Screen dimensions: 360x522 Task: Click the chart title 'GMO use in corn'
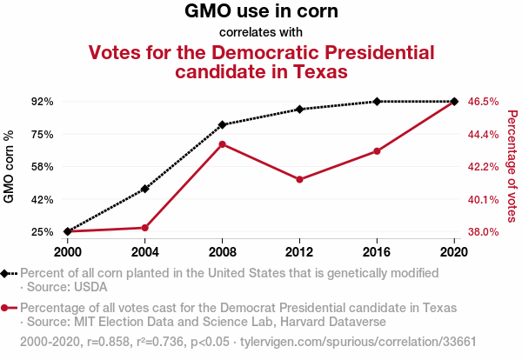[261, 12]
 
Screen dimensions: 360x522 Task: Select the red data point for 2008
[223, 143]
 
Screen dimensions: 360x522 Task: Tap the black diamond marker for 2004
[145, 189]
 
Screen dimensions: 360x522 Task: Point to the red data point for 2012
[299, 179]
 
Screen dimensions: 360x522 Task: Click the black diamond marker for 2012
[299, 109]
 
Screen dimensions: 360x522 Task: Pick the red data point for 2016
[377, 151]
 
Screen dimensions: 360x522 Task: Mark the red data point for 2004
[145, 228]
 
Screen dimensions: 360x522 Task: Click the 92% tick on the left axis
[42, 102]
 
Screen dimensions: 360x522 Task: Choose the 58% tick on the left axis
[42, 167]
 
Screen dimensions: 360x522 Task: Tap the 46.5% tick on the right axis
[483, 102]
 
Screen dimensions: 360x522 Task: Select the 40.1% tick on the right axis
[483, 200]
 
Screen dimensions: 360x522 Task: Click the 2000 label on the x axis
[67, 251]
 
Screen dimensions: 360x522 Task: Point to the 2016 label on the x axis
[377, 251]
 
